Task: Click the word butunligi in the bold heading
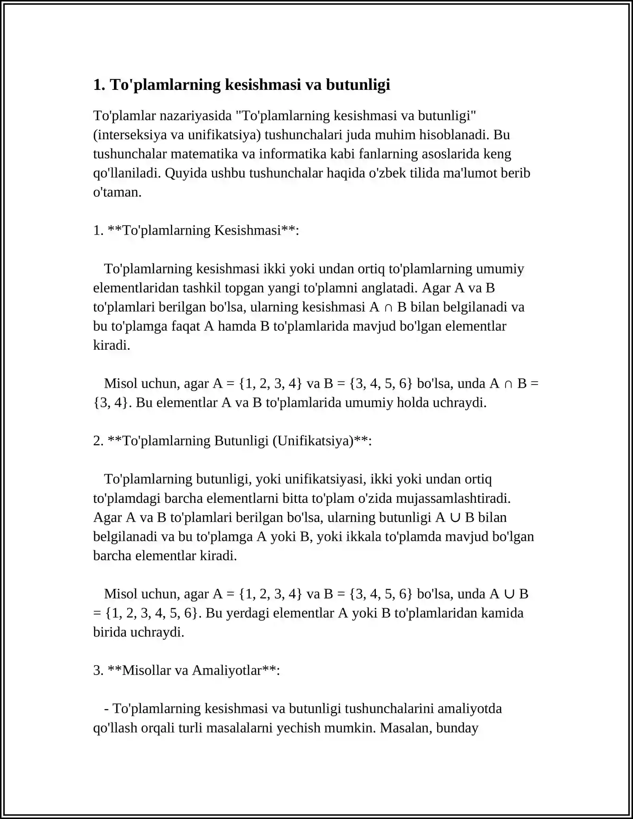358,85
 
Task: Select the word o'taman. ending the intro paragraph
117,192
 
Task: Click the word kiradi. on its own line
112,345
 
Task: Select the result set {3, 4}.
112,403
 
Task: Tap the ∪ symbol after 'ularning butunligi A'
455,518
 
